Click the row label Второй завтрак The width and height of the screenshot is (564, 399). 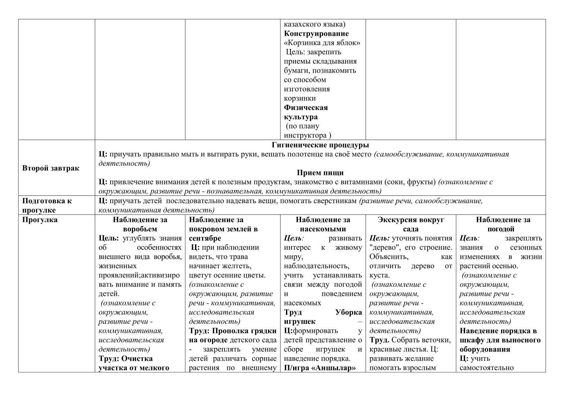51,168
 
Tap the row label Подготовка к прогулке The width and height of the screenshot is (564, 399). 47,206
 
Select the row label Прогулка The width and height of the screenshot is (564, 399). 40,220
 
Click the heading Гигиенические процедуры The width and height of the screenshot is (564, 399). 320,145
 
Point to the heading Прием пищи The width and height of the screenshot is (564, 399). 320,173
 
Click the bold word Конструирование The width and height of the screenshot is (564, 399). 316,34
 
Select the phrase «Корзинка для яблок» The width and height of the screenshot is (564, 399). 322,43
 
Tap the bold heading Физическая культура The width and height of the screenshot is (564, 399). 306,112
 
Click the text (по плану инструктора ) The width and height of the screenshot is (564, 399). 307,131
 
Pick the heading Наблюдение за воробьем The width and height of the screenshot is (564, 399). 140,225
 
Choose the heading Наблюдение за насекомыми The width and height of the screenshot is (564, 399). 323,225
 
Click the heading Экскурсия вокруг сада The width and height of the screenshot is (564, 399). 411,225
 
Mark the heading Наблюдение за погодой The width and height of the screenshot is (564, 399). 501,225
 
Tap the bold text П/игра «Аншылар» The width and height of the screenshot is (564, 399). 319,368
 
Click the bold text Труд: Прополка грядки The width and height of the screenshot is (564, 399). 233,331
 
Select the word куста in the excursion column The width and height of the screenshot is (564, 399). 379,276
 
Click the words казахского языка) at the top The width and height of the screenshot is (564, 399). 315,24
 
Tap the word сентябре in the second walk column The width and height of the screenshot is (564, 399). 205,238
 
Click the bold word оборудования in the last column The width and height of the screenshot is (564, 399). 485,349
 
